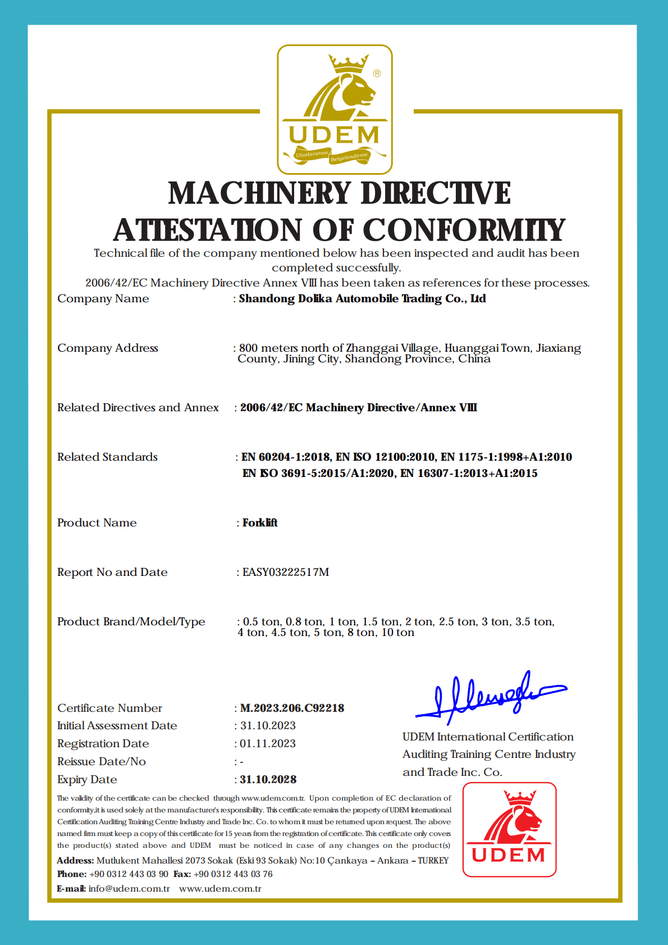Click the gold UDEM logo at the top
335,110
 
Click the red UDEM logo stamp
509,829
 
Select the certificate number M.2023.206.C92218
292,708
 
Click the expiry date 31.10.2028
268,779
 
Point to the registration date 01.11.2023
268,743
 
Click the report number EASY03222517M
286,572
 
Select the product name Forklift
260,523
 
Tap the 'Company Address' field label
108,348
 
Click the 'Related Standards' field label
107,457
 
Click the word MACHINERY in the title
260,193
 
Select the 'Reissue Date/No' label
102,761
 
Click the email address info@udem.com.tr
129,888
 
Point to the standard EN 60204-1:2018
286,457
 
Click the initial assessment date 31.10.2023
268,725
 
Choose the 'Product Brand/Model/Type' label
131,621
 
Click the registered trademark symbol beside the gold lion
377,73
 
